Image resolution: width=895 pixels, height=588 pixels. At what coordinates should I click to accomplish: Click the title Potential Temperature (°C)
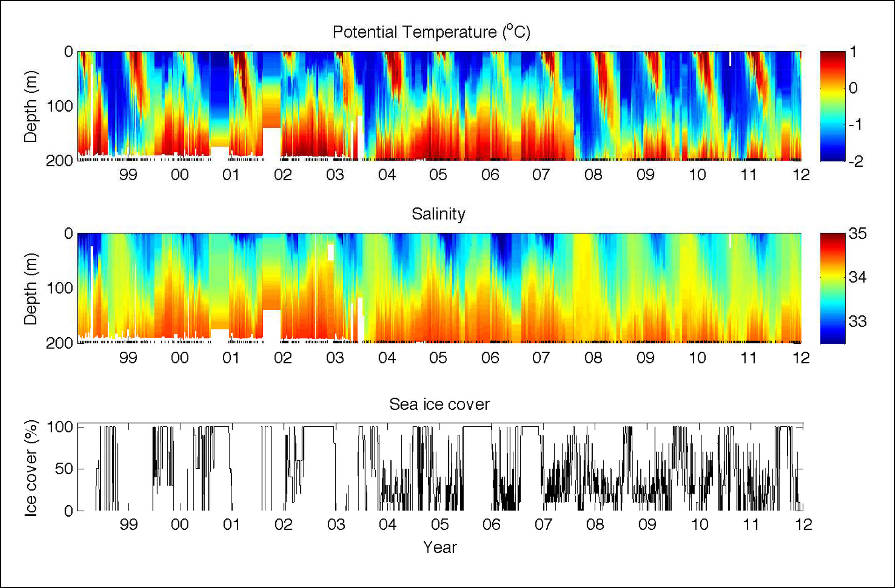pyautogui.click(x=431, y=32)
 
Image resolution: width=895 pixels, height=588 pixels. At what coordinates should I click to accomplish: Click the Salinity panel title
pyautogui.click(x=438, y=214)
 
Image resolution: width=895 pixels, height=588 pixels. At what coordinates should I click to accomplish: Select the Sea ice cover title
pyautogui.click(x=439, y=404)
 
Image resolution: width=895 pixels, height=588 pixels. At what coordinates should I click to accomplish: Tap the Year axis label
pyautogui.click(x=440, y=547)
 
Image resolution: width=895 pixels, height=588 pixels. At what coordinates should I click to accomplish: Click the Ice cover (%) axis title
pyautogui.click(x=31, y=468)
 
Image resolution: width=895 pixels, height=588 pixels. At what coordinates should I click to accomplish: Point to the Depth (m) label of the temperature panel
pyautogui.click(x=31, y=106)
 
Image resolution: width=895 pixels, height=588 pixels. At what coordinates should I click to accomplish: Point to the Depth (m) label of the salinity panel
pyautogui.click(x=31, y=288)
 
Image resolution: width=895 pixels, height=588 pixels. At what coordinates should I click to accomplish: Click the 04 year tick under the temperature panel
pyautogui.click(x=387, y=175)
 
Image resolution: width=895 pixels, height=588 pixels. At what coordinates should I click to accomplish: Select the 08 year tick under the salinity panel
pyautogui.click(x=593, y=358)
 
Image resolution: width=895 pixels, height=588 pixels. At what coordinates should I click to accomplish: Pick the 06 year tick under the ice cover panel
pyautogui.click(x=491, y=525)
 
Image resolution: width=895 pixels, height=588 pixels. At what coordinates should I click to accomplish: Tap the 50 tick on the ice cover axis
pyautogui.click(x=64, y=469)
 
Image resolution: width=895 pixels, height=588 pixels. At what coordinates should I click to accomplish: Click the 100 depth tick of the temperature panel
pyautogui.click(x=60, y=106)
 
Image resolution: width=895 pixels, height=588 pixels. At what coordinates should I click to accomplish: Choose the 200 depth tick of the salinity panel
pyautogui.click(x=60, y=343)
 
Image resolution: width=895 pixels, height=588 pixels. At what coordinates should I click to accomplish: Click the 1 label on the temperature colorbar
pyautogui.click(x=853, y=52)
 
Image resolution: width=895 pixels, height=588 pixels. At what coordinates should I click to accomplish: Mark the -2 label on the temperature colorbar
pyautogui.click(x=856, y=161)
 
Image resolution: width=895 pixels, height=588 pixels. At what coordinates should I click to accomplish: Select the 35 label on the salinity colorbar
pyautogui.click(x=857, y=233)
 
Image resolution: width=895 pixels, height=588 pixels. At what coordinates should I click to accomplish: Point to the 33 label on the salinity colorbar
pyautogui.click(x=857, y=321)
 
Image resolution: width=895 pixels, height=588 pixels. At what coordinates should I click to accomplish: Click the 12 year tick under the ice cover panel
pyautogui.click(x=803, y=525)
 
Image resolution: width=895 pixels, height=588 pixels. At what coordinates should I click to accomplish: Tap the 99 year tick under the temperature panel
pyautogui.click(x=128, y=175)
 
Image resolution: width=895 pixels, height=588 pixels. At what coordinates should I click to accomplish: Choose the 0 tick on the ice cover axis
pyautogui.click(x=68, y=511)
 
